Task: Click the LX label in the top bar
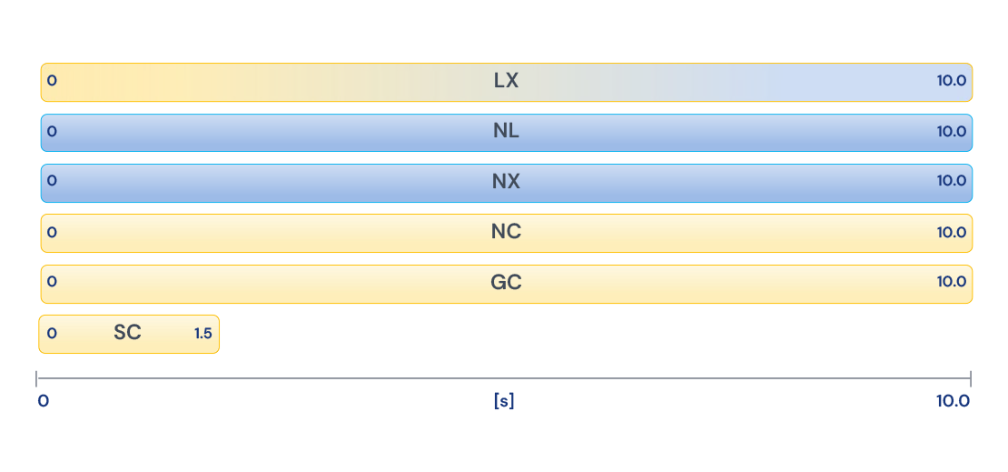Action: click(506, 81)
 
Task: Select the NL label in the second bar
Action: click(506, 131)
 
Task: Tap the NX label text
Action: click(506, 182)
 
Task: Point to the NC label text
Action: click(506, 232)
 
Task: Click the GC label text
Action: click(506, 282)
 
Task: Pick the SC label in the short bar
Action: click(127, 332)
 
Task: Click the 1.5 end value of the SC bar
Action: click(203, 333)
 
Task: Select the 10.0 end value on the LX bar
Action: click(952, 81)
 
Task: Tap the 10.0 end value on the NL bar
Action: click(952, 131)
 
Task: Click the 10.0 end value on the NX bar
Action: click(952, 181)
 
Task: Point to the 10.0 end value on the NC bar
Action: click(952, 232)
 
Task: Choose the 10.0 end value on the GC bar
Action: click(952, 281)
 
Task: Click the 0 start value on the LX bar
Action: click(52, 81)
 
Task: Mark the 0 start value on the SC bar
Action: click(52, 333)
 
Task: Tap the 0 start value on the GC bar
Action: click(52, 281)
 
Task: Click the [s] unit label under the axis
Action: click(504, 401)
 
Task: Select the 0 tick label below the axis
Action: click(43, 401)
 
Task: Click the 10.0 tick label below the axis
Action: click(953, 401)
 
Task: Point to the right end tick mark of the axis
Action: click(971, 378)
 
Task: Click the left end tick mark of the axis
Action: click(36, 378)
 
